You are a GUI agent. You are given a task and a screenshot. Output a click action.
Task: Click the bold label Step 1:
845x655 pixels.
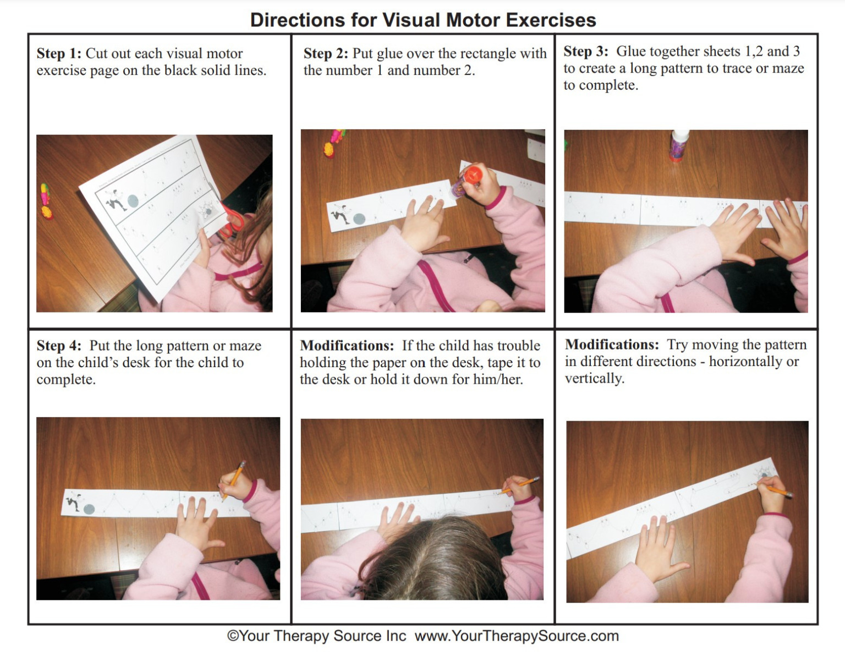[x=58, y=53]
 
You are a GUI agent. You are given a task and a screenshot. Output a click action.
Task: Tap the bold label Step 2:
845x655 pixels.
[x=326, y=53]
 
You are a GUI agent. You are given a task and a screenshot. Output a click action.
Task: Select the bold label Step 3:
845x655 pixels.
[x=585, y=51]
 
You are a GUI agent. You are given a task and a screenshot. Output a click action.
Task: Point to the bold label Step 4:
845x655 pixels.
[x=58, y=346]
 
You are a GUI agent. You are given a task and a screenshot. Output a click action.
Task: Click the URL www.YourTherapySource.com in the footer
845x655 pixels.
[x=517, y=636]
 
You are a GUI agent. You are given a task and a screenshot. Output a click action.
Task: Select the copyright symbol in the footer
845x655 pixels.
[x=233, y=636]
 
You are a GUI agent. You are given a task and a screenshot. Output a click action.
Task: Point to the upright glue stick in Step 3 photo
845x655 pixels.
[x=679, y=146]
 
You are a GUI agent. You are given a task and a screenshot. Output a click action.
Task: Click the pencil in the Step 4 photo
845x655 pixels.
[x=234, y=479]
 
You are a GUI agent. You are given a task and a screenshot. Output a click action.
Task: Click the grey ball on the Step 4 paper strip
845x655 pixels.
[x=89, y=509]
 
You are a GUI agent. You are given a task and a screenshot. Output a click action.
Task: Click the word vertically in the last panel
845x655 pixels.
[x=594, y=379]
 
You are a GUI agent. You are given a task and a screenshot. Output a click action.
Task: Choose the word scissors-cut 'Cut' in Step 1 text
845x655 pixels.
[x=97, y=53]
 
